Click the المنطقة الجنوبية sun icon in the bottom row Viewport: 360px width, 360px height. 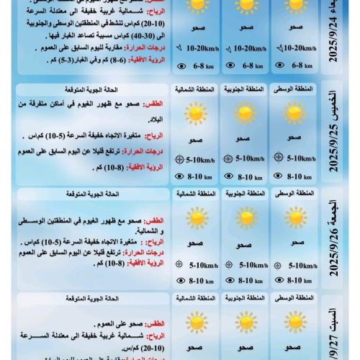coord(245,321)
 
